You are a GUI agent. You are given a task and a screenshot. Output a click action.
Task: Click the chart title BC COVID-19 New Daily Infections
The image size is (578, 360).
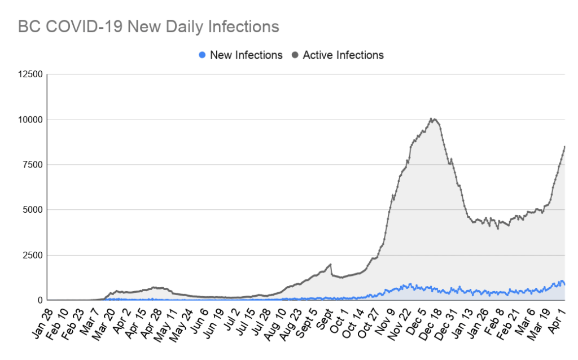coord(148,27)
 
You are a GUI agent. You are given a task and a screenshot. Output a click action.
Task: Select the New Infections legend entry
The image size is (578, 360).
coord(246,55)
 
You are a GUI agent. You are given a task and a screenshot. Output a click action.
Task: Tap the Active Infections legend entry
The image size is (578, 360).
coord(343,55)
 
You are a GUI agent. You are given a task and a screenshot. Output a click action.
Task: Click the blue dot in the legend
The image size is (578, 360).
coord(202,55)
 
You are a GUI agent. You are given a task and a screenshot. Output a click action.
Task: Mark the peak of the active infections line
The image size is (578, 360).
coord(432,118)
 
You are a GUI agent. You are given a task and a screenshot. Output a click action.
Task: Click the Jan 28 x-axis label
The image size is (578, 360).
coord(43,322)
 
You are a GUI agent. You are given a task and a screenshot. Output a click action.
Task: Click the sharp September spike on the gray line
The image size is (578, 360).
coord(330,264)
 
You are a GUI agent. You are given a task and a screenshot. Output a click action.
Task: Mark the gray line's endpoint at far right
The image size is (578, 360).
coord(564,147)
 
